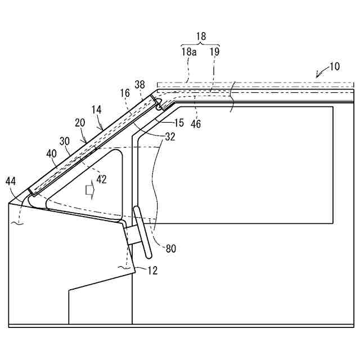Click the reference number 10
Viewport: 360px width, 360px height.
(334, 66)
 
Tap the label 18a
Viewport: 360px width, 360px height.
(188, 52)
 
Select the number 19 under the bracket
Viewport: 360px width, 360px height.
(214, 52)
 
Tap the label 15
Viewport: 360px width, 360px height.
(179, 123)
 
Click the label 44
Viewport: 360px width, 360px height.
(11, 181)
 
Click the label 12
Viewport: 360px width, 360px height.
(152, 271)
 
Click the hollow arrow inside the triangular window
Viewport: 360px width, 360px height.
(89, 190)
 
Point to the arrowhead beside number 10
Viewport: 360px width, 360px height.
(318, 74)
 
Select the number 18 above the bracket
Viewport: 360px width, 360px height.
(201, 37)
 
